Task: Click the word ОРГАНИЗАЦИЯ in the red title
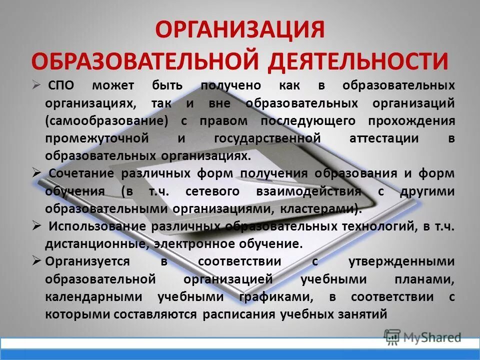click(240, 30)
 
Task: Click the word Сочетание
click(82, 173)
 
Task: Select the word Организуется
click(87, 261)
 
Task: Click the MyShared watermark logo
click(423, 337)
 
